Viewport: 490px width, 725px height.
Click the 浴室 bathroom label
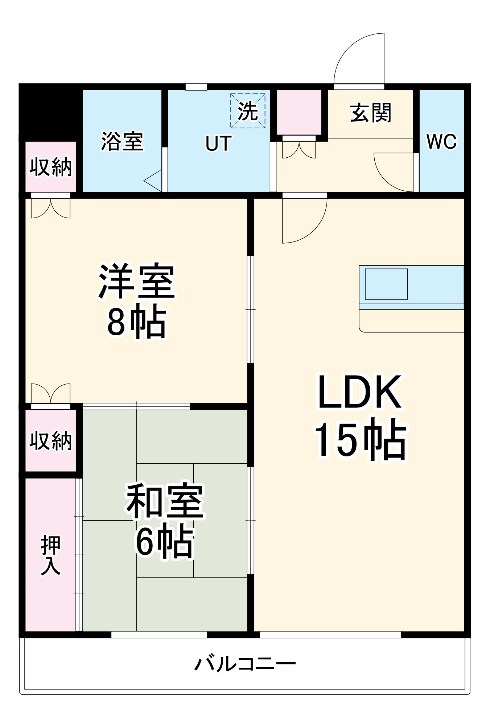pos(122,141)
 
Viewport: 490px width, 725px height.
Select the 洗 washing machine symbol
pos(248,111)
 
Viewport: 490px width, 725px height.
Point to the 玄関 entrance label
pos(371,113)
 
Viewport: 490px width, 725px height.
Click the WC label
pos(441,141)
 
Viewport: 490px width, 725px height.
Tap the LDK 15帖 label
pos(360,417)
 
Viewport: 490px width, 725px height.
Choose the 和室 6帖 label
pos(165,521)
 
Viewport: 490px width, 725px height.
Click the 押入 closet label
pos(50,555)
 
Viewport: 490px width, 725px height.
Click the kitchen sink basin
pos(386,284)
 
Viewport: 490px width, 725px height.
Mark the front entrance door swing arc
pos(357,58)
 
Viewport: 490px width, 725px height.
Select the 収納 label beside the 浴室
pos(50,167)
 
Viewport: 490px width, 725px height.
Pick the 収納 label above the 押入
pos(50,441)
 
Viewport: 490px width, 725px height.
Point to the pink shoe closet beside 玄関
pos(299,112)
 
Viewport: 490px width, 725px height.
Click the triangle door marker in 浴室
pos(153,181)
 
